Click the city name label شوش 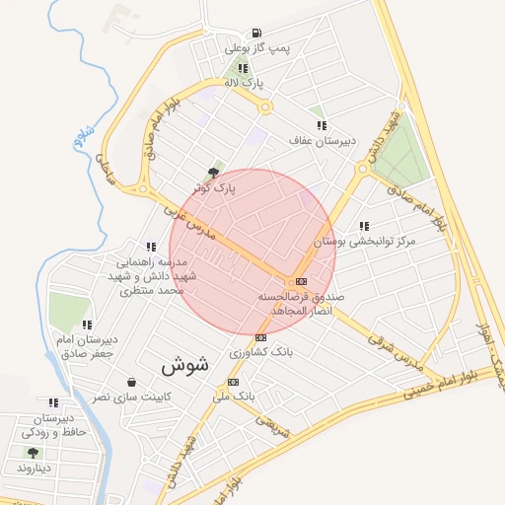(184, 364)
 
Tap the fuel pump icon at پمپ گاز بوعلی (257, 33)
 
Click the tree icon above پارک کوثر (214, 172)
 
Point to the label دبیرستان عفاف (321, 141)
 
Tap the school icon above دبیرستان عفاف (322, 125)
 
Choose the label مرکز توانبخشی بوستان (365, 241)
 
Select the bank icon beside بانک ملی (234, 382)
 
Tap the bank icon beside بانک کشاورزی (260, 337)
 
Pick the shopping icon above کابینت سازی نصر (131, 383)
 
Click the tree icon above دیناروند (34, 453)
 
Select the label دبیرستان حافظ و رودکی (53, 425)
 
